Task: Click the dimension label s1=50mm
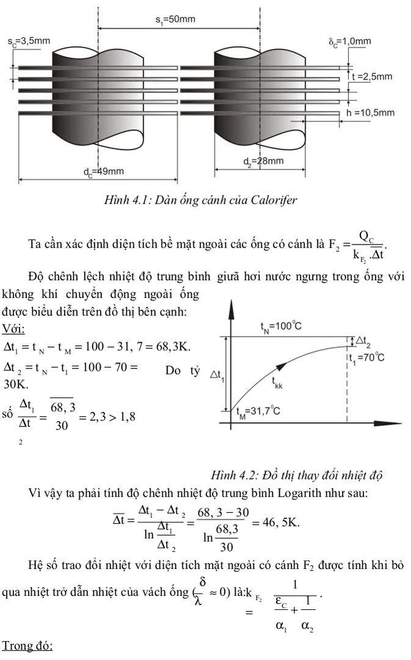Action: pyautogui.click(x=175, y=20)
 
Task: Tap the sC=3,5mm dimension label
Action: pyautogui.click(x=29, y=42)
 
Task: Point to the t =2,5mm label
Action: pyautogui.click(x=372, y=77)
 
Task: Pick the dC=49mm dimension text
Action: pyautogui.click(x=103, y=172)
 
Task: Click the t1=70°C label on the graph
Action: pyautogui.click(x=366, y=358)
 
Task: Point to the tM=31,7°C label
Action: pyautogui.click(x=258, y=411)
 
